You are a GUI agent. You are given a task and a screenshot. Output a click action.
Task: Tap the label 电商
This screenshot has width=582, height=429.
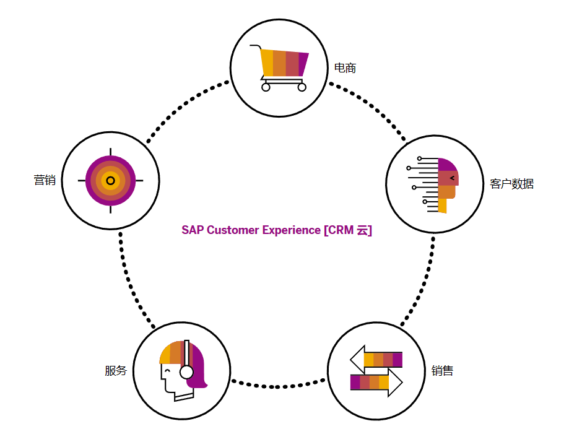tap(345, 68)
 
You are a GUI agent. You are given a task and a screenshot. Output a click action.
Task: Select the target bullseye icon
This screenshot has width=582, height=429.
tap(110, 181)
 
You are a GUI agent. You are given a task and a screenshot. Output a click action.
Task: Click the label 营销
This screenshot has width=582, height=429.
tap(45, 180)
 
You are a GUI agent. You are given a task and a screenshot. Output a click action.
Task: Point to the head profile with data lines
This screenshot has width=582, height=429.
tap(433, 185)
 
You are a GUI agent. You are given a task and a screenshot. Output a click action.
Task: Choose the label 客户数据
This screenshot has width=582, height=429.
tap(511, 184)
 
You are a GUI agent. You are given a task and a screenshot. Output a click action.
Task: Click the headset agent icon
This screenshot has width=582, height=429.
tap(183, 370)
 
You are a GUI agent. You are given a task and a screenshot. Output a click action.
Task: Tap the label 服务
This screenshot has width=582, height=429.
tap(116, 370)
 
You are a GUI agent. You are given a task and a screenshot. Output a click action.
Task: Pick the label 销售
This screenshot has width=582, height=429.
tap(442, 370)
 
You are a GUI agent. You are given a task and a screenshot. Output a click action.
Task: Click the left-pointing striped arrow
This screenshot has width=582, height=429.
tap(376, 360)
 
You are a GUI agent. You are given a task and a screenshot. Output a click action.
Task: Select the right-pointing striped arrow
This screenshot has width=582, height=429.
tap(376, 382)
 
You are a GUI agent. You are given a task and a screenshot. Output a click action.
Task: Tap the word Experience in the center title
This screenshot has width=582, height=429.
tap(292, 230)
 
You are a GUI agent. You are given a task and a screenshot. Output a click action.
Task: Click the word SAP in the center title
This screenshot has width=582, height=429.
tap(193, 230)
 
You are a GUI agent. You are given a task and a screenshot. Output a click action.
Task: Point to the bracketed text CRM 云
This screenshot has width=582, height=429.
tap(348, 230)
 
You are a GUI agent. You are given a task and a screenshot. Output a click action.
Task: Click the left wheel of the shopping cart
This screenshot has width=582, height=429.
tap(266, 87)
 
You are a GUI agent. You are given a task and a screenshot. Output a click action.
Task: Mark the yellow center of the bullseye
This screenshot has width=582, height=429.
tap(110, 181)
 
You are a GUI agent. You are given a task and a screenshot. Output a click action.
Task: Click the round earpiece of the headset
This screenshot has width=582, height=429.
tap(186, 372)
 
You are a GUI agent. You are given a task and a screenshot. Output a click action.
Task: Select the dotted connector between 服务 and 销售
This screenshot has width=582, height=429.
tap(279, 385)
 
